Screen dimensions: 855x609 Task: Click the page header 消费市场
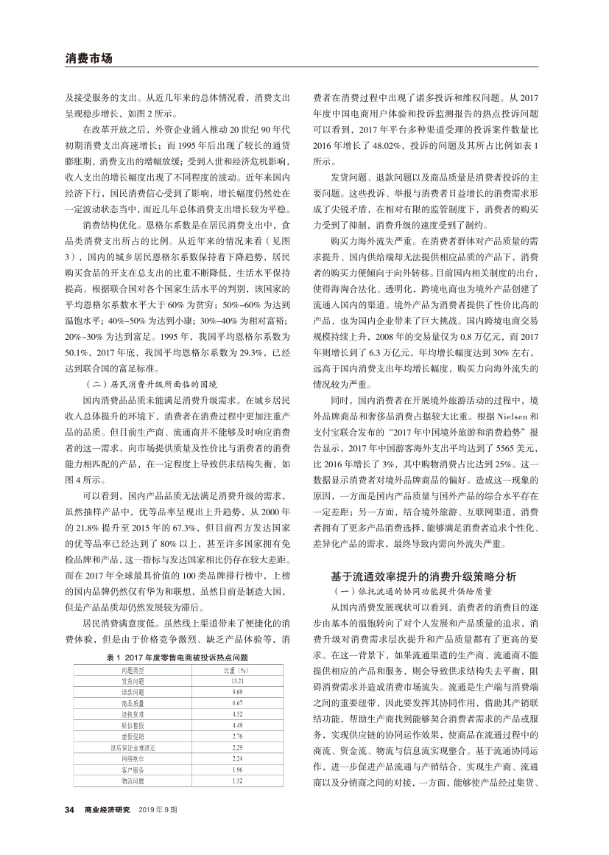coord(88,57)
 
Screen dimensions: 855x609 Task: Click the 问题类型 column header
coord(133,669)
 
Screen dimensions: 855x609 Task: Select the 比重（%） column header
coord(237,669)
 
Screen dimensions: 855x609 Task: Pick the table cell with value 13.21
coord(237,680)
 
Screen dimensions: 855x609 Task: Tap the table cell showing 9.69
coord(237,691)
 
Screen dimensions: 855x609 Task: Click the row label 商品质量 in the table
coord(133,702)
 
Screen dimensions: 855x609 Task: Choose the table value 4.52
coord(237,713)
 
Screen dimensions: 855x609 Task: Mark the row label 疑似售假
coord(133,725)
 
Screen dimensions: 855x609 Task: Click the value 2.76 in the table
coord(237,736)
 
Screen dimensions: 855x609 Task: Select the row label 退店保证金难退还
coord(133,747)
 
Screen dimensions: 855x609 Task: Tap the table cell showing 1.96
coord(237,769)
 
